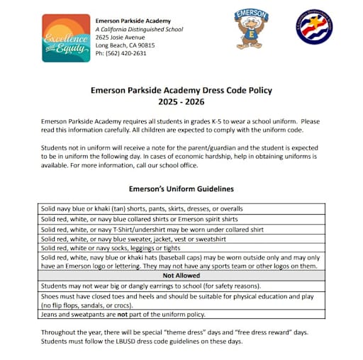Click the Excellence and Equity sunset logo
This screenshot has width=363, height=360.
(x=66, y=38)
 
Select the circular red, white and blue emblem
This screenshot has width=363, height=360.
(x=314, y=28)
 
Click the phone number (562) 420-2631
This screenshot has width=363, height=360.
(x=121, y=53)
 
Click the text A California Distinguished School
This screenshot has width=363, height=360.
(x=139, y=29)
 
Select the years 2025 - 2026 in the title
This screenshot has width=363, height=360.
(x=181, y=102)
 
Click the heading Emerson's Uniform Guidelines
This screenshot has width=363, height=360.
(x=181, y=189)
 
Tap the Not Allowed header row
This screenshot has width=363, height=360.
(x=181, y=276)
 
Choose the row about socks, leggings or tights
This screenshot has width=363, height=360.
(x=110, y=248)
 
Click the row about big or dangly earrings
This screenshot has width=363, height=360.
(x=140, y=285)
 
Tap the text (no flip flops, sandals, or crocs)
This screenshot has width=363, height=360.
(x=99, y=304)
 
